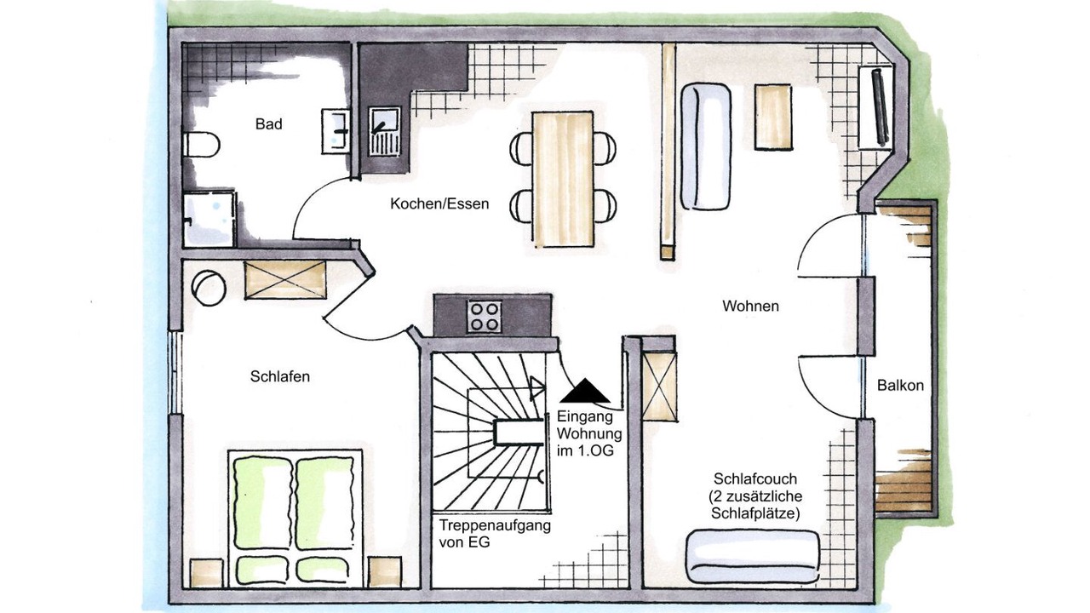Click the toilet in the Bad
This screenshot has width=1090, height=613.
point(201,145)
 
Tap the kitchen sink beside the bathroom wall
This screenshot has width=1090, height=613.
point(384,131)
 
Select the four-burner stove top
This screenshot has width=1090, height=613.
point(485,316)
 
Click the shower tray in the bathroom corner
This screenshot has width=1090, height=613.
point(209,219)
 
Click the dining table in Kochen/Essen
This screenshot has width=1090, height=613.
point(563,180)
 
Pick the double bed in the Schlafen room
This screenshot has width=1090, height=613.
point(295,518)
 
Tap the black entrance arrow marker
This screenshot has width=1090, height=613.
point(584,390)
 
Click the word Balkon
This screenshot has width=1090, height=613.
point(900,386)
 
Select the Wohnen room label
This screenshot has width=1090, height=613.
point(750,306)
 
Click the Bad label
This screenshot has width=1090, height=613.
point(268,124)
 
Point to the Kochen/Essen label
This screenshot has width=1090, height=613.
point(439,203)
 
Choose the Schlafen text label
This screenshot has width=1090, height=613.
point(280,376)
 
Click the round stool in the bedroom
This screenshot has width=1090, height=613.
point(209,288)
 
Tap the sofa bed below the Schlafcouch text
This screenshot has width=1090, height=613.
point(753,556)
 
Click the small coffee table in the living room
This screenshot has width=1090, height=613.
point(773,117)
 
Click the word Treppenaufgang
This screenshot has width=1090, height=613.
point(495,526)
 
